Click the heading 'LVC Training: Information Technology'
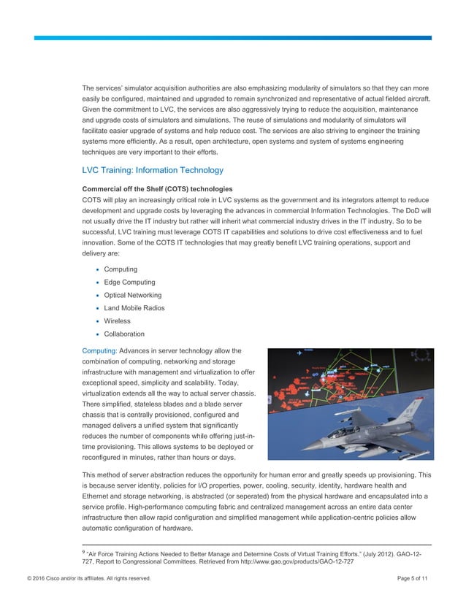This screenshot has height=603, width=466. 153,171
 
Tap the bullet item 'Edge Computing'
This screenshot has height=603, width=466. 129,283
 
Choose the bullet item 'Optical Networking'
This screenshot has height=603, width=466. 134,295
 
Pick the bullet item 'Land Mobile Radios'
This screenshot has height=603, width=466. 134,308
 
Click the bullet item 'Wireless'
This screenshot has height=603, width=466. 117,320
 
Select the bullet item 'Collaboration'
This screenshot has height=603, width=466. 124,334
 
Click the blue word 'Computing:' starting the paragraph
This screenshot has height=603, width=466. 99,351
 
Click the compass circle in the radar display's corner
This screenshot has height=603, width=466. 423,358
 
